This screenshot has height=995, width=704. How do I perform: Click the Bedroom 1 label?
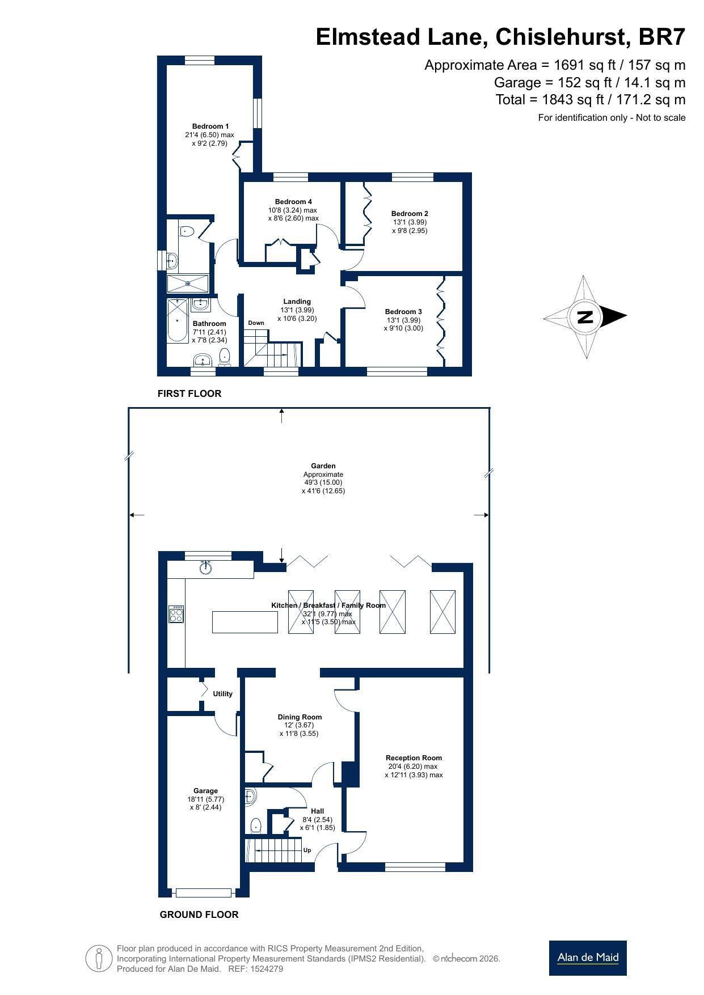pos(210,126)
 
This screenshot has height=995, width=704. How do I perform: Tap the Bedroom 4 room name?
pos(293,202)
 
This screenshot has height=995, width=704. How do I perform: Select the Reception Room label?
pos(414,758)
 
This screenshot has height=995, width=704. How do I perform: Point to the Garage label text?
pos(205,791)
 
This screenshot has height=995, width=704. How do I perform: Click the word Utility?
pos(222,694)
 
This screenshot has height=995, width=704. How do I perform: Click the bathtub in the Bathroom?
pos(178,321)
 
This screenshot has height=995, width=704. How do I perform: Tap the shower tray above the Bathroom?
pos(188,283)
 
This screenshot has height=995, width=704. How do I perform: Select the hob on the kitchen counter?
pos(176,615)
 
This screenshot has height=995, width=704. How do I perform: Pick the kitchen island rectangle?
pos(245,622)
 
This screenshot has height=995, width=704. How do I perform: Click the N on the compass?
pos(585,316)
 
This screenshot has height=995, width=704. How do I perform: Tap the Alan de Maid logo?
pos(588,958)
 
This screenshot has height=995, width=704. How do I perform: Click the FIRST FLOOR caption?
pos(189,393)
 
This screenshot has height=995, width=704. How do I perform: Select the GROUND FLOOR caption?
pos(199,914)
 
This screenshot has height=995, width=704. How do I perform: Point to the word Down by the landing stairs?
pos(256,323)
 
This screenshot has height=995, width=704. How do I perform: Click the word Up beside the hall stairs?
pos(307,850)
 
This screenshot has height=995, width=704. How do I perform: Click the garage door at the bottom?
pos(204,893)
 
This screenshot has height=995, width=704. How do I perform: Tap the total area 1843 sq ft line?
pos(591,100)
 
